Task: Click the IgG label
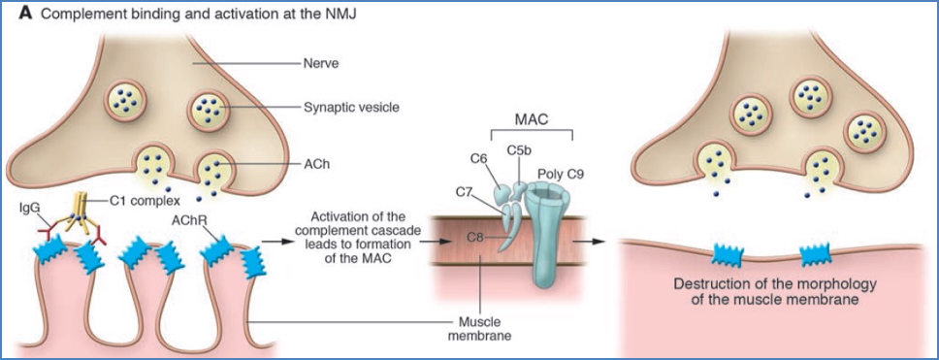(x=30, y=208)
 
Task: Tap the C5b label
(x=519, y=149)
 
